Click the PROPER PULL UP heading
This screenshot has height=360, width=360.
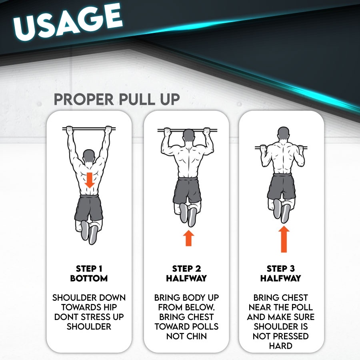(x=117, y=100)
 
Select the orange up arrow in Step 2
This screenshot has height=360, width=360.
(x=188, y=238)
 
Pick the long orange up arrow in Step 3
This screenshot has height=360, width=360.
(x=284, y=239)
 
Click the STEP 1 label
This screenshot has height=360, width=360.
(x=89, y=268)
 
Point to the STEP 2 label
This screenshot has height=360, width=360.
(x=186, y=268)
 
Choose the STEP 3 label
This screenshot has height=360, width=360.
(x=280, y=268)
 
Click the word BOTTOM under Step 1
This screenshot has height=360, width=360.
(x=89, y=278)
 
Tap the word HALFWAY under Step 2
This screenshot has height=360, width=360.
(x=186, y=278)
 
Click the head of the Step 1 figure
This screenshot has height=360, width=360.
(x=89, y=157)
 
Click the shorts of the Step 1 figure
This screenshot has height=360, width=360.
(x=89, y=208)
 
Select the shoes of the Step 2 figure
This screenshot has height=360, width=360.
(x=188, y=215)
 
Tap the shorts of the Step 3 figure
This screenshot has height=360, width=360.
(x=282, y=187)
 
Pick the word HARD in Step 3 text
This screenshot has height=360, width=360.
(x=280, y=346)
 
